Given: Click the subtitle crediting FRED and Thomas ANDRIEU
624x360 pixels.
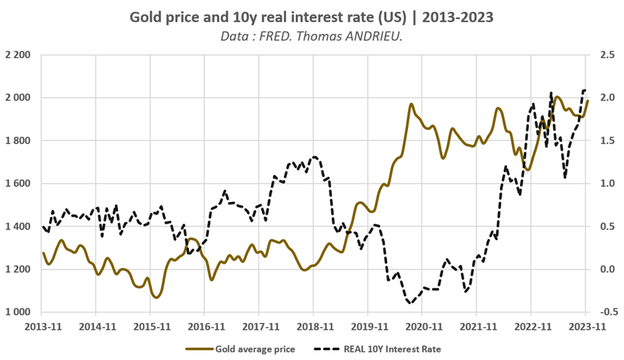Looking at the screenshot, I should point(312,35).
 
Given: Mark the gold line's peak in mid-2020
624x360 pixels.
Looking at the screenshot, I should point(411,105).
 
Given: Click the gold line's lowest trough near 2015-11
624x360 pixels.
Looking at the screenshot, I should point(156,297).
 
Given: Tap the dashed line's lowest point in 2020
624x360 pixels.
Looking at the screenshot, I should point(411,303).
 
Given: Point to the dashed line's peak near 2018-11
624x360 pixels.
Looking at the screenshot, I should point(314,157).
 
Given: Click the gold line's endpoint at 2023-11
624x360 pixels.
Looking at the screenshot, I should point(588,100).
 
